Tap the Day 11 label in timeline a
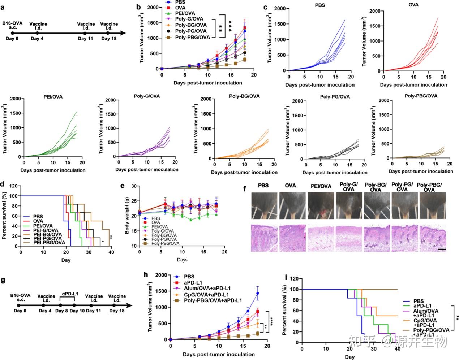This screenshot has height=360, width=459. (85, 39)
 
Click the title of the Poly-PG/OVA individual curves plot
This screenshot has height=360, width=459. (334, 97)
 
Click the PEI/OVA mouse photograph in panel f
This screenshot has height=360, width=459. (320, 206)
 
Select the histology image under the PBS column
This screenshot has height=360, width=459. (265, 238)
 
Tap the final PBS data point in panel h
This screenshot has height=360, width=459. (258, 294)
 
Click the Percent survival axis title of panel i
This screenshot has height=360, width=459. (285, 310)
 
